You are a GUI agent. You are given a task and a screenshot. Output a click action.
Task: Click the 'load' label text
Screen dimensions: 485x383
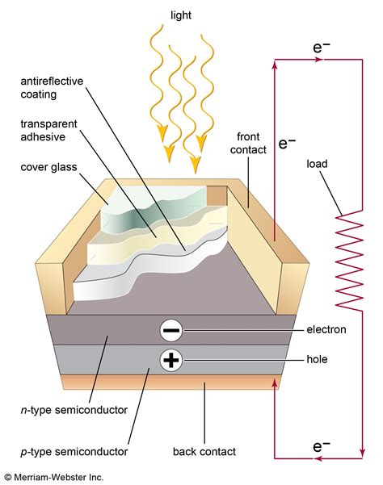click(318, 163)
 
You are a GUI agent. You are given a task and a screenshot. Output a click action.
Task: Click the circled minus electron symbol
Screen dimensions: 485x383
click(171, 330)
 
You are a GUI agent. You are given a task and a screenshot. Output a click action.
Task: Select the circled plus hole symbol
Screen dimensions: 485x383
click(171, 360)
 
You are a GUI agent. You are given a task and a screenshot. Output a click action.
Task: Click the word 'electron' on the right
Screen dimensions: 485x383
click(326, 330)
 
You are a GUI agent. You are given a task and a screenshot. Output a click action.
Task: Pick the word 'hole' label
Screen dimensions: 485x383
click(318, 361)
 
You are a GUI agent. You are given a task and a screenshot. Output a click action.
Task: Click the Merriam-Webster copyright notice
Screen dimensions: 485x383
click(53, 477)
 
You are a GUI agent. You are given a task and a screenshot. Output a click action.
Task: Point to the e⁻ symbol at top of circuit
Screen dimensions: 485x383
click(322, 48)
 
